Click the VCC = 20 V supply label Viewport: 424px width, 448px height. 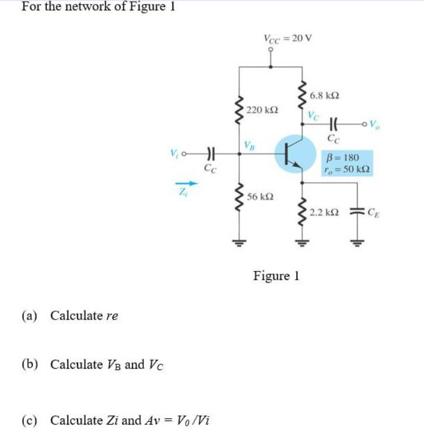(287, 38)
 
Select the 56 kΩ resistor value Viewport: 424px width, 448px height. (259, 198)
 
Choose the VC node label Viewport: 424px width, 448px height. (314, 115)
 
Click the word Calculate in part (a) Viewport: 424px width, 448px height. (76, 316)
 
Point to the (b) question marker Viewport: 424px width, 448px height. (30, 364)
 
